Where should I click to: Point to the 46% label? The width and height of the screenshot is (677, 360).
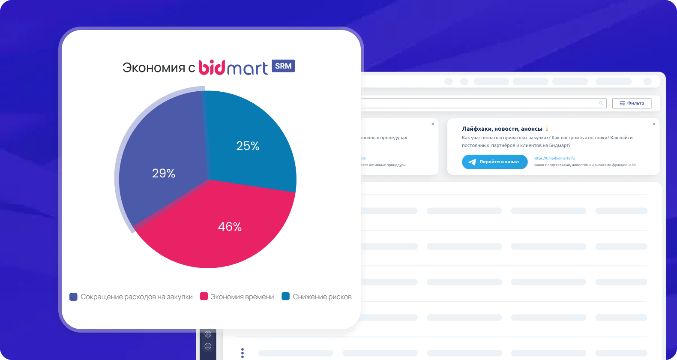tap(230, 227)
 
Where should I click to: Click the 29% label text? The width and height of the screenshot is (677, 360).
tap(164, 174)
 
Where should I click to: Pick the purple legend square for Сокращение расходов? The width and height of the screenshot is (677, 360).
tap(73, 297)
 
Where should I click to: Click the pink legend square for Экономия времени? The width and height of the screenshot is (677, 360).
tap(204, 296)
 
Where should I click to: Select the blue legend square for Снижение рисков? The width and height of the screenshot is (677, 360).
tap(285, 296)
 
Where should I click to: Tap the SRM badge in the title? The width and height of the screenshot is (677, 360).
tap(283, 66)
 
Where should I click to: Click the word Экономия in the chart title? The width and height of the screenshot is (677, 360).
tap(154, 68)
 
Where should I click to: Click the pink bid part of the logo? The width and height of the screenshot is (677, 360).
tap(212, 67)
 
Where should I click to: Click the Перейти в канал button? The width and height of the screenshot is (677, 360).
tap(495, 162)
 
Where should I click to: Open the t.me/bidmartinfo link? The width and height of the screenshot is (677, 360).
tap(554, 158)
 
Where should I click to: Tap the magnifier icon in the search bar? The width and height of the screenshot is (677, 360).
tap(601, 103)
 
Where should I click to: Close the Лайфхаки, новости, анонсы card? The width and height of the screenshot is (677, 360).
tap(654, 124)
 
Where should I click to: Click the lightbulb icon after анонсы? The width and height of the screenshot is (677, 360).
tap(547, 129)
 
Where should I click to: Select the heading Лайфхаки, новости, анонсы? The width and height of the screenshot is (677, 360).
tap(502, 129)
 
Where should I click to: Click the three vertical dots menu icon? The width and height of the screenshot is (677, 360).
tap(243, 353)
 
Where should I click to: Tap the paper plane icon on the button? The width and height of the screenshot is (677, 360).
tap(472, 162)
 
